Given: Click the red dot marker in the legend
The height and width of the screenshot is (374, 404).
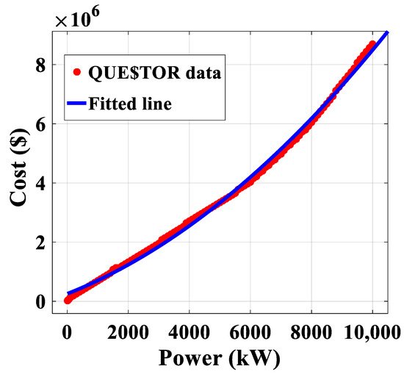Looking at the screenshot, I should pyautogui.click(x=76, y=71).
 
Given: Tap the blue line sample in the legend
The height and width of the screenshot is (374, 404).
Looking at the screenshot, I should pyautogui.click(x=76, y=104).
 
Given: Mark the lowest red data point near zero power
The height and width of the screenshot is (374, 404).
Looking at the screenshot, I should pyautogui.click(x=68, y=300).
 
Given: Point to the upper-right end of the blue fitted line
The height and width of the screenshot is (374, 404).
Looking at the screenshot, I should pyautogui.click(x=387, y=32).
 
